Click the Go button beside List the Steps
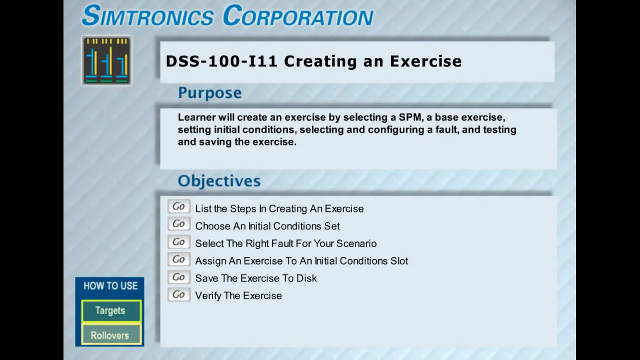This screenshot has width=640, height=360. tap(178, 207)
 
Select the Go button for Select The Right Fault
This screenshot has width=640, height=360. tap(178, 242)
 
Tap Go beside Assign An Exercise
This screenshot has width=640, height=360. tap(178, 260)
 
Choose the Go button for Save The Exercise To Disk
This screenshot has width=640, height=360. tap(178, 277)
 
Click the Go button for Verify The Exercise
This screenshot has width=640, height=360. tap(178, 295)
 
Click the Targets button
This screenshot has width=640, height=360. tap(110, 310)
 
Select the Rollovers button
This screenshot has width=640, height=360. tap(110, 335)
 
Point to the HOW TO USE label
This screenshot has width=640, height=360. tap(110, 286)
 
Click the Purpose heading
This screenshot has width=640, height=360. tap(209, 93)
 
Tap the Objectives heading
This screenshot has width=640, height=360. tap(219, 181)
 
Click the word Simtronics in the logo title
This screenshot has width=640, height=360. tap(147, 16)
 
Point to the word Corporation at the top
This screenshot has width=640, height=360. tap(298, 16)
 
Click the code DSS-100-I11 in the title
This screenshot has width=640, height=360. tap(221, 61)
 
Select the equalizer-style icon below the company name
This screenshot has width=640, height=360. tap(106, 61)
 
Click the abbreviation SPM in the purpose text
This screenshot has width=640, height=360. tap(410, 117)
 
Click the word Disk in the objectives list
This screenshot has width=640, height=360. tap(306, 278)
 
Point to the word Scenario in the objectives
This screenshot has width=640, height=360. tap(356, 243)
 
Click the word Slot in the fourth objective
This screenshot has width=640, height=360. tap(398, 261)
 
